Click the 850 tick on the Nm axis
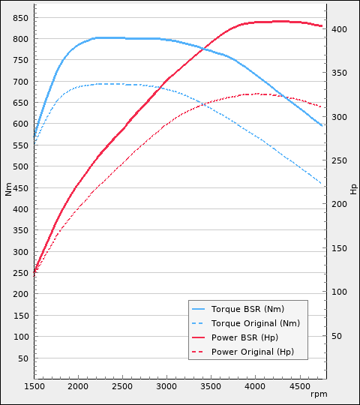tap(20, 17)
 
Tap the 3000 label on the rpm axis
tap(166, 386)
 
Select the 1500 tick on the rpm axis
tap(34, 386)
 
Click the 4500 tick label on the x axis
tap(300, 386)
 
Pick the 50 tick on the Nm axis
tap(22, 358)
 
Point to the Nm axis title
tap(8, 190)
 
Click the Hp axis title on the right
tap(353, 189)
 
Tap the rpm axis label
tap(319, 394)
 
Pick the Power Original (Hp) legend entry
tap(253, 352)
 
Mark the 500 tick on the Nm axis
tap(20, 166)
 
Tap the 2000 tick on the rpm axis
tap(78, 386)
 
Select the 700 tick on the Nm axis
tap(20, 81)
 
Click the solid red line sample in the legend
tap(199, 337)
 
